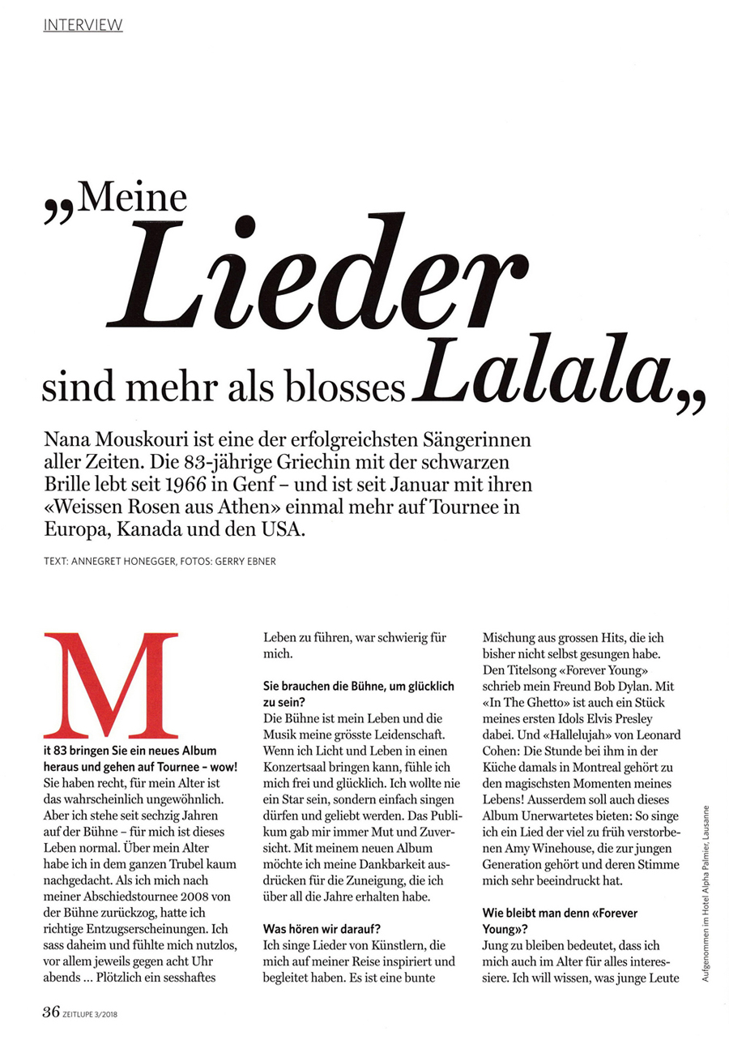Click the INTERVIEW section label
83,25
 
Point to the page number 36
51,1011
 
